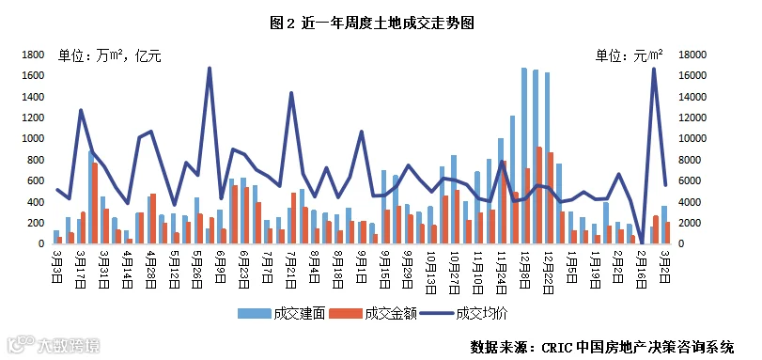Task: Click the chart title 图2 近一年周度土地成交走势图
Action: pyautogui.click(x=372, y=23)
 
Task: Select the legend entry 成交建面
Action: pyautogui.click(x=281, y=314)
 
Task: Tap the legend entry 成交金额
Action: pyautogui.click(x=373, y=314)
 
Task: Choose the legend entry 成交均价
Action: pyautogui.click(x=464, y=314)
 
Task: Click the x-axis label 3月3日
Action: pyautogui.click(x=56, y=266)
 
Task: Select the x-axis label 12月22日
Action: pyautogui.click(x=549, y=273)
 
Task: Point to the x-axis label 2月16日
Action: pyautogui.click(x=643, y=269)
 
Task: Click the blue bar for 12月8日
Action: pyautogui.click(x=524, y=156)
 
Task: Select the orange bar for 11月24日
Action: pyautogui.click(x=505, y=202)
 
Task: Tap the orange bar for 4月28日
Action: pyautogui.click(x=153, y=219)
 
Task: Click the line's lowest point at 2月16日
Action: pyautogui.click(x=643, y=243)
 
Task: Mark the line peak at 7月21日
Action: pyautogui.click(x=291, y=92)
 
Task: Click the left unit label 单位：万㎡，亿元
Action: pyautogui.click(x=110, y=56)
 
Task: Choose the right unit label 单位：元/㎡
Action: pyautogui.click(x=630, y=55)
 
